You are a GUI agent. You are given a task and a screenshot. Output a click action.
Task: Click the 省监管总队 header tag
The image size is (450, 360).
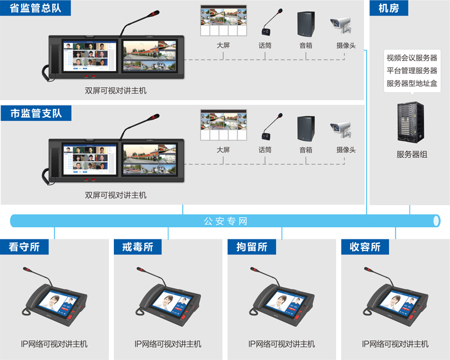click(x=36, y=8)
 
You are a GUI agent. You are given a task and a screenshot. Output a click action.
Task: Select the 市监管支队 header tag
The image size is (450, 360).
click(x=36, y=113)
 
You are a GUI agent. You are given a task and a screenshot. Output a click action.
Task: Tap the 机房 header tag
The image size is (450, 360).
click(x=388, y=8)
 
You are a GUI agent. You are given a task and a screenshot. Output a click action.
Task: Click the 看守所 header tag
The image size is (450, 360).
click(x=24, y=247)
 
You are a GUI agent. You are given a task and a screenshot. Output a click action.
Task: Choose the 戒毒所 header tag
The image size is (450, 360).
click(x=138, y=247)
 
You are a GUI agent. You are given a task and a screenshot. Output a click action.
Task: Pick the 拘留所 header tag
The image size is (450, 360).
click(x=252, y=247)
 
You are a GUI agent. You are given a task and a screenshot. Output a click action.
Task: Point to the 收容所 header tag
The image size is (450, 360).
click(x=365, y=247)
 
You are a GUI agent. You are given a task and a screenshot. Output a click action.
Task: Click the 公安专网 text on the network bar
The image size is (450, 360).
click(x=226, y=221)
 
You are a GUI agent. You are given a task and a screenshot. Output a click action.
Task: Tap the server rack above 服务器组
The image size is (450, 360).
click(x=411, y=122)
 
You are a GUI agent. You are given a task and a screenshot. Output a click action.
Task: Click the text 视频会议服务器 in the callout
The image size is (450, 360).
click(x=412, y=58)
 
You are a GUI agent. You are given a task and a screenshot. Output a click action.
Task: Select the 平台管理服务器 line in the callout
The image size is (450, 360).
click(x=412, y=71)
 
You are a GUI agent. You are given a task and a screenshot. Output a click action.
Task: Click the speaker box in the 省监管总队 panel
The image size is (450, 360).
click(x=306, y=24)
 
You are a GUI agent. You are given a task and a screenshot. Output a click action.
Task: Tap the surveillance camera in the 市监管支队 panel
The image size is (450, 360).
click(x=341, y=130)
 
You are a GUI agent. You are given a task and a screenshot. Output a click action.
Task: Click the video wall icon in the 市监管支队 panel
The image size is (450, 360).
click(x=223, y=125)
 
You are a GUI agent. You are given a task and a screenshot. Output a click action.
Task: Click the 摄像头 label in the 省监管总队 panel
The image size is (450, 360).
click(x=346, y=46)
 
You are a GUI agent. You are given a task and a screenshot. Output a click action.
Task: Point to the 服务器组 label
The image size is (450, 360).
click(x=412, y=154)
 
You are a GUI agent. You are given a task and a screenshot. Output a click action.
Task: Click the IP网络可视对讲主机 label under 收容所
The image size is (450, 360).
click(x=395, y=344)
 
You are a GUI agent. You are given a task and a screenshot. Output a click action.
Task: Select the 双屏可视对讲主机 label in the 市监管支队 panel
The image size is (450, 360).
click(x=116, y=195)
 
